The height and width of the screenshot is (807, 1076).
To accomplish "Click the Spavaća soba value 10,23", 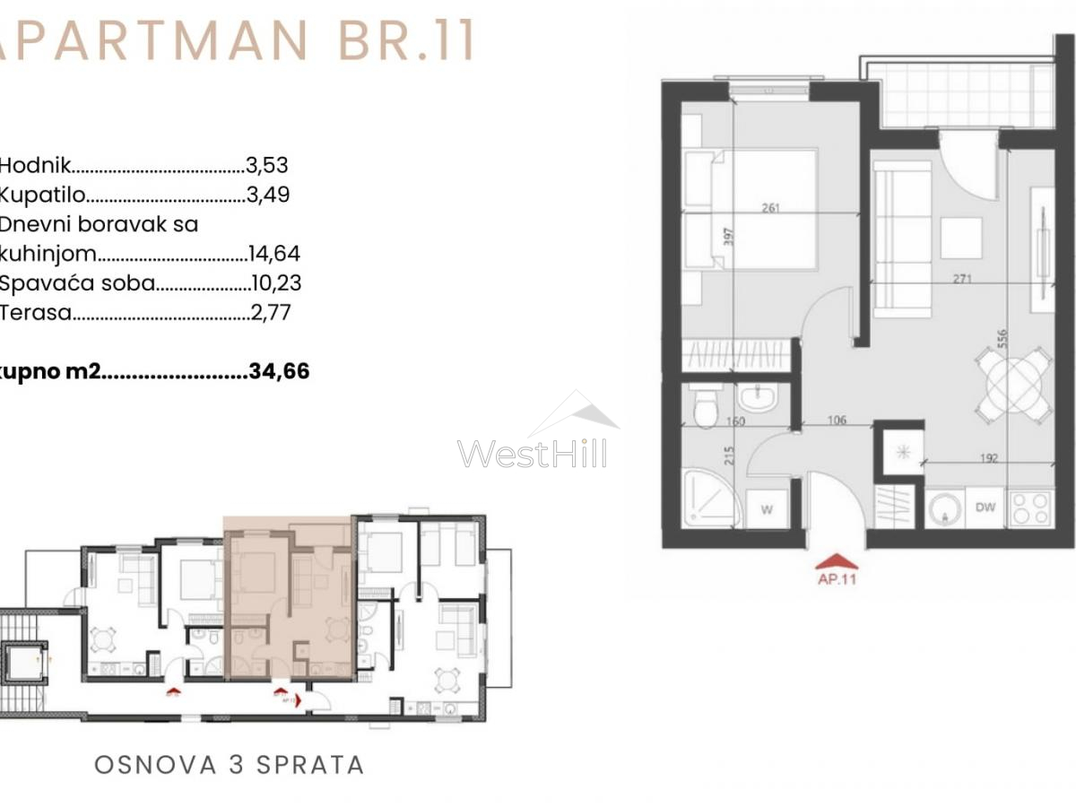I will point(275,283).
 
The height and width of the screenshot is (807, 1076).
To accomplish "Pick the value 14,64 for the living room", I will point(275,254).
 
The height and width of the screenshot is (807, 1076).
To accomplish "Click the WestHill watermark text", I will point(532,453).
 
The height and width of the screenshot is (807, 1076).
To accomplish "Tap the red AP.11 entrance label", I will point(837,579).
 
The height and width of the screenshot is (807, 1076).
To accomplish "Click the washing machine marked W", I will point(767,509).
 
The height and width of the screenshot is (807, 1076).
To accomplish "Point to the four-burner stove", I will point(1031,508).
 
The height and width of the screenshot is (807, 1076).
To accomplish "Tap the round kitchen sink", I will point(943,509).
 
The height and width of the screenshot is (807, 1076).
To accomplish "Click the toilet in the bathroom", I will point(705,408).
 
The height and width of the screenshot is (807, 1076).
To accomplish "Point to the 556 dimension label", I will point(1002,338).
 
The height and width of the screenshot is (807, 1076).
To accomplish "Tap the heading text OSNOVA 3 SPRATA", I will point(230,765).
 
